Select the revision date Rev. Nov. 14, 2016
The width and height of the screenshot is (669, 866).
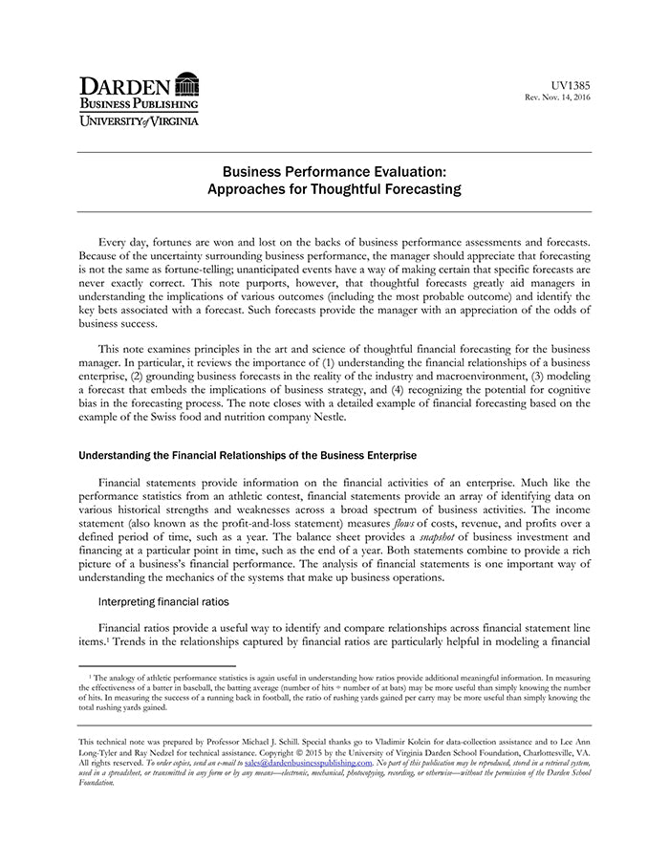click(x=556, y=97)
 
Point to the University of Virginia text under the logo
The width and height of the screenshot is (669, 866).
click(x=139, y=121)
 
